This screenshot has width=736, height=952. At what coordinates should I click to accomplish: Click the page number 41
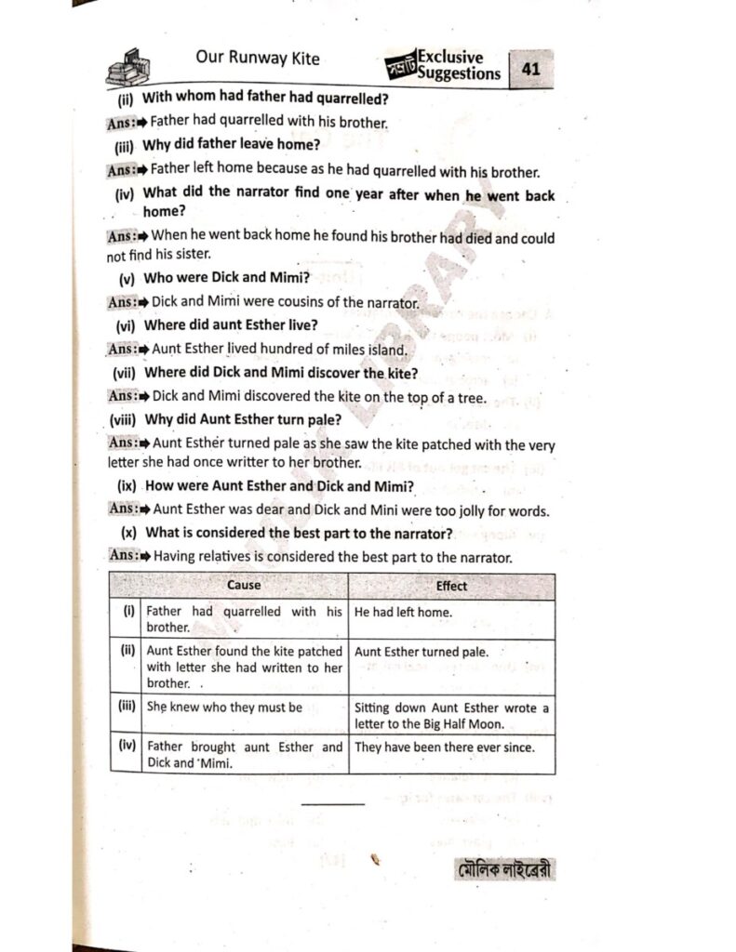tap(532, 70)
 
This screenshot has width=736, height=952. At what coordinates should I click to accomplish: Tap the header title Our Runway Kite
tap(257, 59)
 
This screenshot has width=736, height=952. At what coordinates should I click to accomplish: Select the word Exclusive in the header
tap(450, 57)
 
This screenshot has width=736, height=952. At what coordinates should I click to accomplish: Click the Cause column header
tap(244, 586)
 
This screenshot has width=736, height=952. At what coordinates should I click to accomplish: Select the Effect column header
tap(451, 586)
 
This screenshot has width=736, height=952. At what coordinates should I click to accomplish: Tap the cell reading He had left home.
tap(403, 613)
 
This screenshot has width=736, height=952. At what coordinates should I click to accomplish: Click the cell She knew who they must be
tap(225, 707)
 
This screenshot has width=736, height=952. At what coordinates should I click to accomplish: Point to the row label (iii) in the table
tap(127, 706)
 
